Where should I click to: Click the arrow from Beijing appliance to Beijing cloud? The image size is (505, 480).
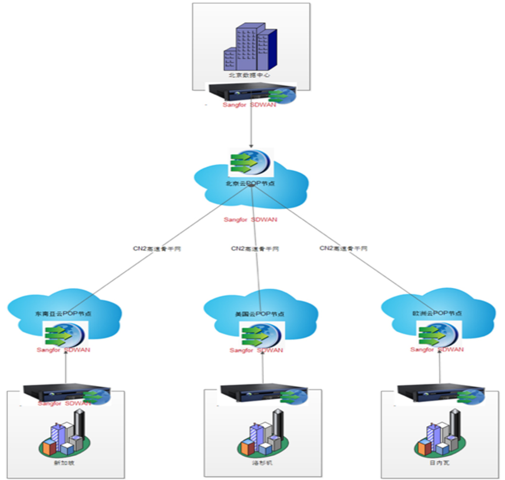point(251,126)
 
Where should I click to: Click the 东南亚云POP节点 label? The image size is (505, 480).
point(64,313)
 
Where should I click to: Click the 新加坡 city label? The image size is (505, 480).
point(65,463)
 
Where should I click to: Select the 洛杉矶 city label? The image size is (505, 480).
point(263,463)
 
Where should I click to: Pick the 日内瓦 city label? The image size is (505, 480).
point(439,463)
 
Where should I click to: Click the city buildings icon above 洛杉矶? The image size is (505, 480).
point(263,434)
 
